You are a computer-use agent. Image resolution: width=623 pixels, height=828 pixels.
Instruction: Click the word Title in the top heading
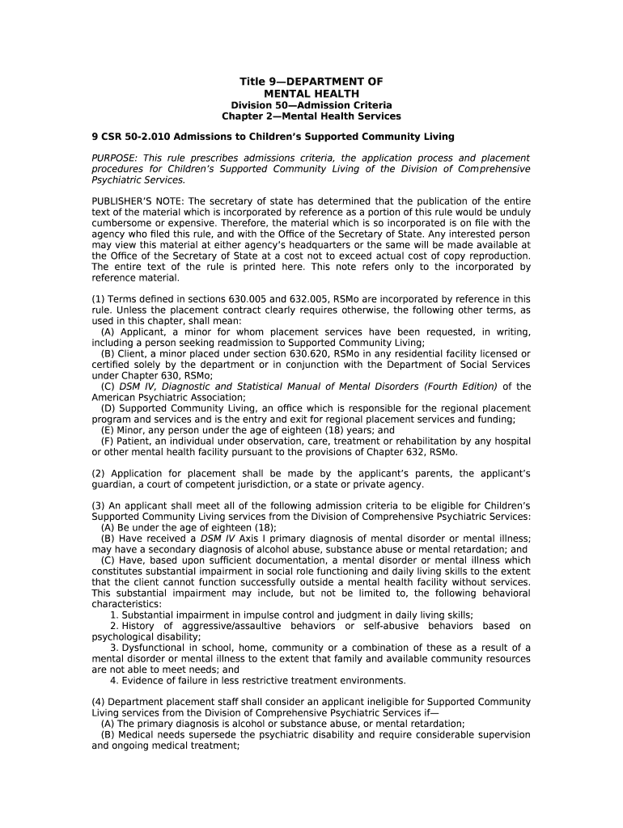coord(252,82)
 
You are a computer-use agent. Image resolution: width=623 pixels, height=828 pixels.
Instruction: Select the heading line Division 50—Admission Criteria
coord(311,105)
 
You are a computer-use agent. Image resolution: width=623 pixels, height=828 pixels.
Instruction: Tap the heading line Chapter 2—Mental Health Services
coord(311,116)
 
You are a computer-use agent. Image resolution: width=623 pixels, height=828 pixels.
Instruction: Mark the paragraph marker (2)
coord(99,474)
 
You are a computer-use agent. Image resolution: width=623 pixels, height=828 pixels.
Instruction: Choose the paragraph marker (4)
coord(99,702)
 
